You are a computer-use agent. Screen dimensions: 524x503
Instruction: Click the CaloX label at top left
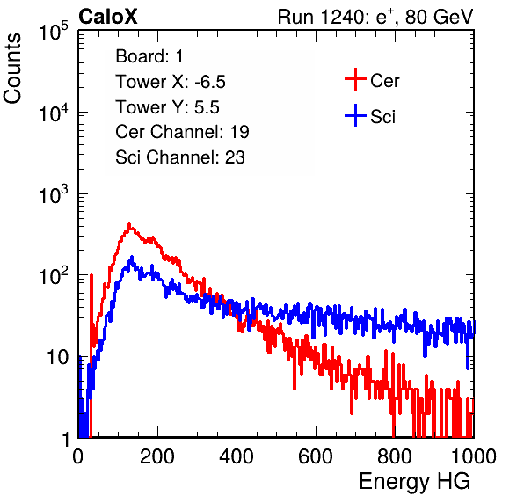coord(108,17)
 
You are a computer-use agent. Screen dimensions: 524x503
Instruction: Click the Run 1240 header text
coord(375,17)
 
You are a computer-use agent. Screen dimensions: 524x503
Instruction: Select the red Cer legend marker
coord(355,79)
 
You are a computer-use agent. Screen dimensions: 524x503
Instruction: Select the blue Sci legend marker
coord(355,115)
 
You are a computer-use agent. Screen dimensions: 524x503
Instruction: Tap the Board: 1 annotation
coord(149,56)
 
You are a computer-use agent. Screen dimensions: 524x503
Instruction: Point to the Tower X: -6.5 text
coord(171,82)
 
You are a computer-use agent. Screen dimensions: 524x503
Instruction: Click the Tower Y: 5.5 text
coord(167,107)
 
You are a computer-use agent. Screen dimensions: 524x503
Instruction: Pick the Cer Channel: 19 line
coord(182,132)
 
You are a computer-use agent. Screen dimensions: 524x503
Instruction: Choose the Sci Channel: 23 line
coord(180,157)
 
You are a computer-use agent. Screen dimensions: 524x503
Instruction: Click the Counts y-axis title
coord(12,69)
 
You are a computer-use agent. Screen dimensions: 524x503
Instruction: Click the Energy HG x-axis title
coord(414,482)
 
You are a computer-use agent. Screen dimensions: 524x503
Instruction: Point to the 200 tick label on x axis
coord(157,456)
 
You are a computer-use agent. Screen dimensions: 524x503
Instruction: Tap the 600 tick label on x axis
coord(316,456)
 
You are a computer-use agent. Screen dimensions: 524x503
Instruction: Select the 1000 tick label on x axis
coord(474,456)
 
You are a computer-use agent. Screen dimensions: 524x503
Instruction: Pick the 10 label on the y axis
coord(57,357)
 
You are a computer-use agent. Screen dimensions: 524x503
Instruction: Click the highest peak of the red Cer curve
coord(129,224)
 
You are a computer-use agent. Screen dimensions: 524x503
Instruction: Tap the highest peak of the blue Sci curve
coord(132,258)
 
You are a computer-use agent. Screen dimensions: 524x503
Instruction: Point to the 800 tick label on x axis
coord(395,456)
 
